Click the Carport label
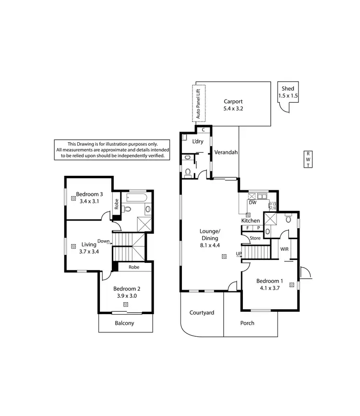click(x=233, y=101)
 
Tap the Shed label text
click(x=288, y=89)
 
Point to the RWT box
click(x=308, y=159)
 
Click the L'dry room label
click(x=197, y=142)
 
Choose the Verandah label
click(x=226, y=152)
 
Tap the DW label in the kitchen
click(x=252, y=203)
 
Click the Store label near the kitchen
click(x=255, y=238)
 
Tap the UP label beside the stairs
click(x=239, y=254)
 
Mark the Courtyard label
click(x=202, y=312)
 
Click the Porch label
click(x=247, y=323)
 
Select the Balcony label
click(x=124, y=323)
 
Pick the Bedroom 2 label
click(x=127, y=289)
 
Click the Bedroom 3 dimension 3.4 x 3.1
click(x=89, y=201)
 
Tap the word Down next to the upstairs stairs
click(x=103, y=241)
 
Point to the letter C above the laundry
click(x=204, y=130)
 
